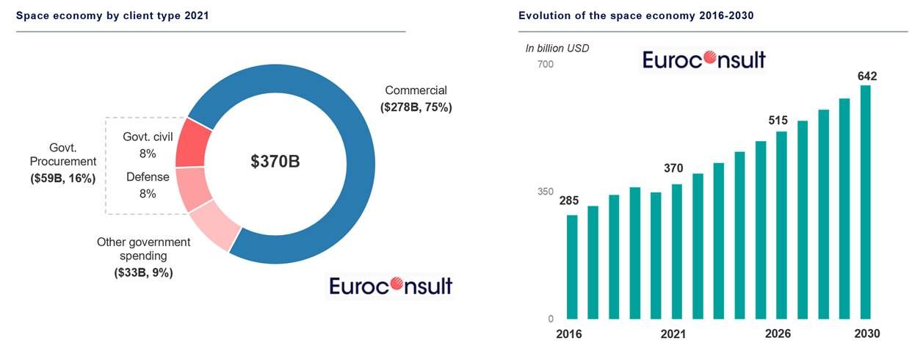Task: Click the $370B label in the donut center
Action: click(275, 162)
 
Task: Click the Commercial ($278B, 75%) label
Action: click(416, 99)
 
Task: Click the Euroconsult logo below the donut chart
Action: click(391, 285)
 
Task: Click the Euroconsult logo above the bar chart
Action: click(703, 60)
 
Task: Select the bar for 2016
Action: click(572, 267)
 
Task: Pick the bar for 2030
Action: click(866, 202)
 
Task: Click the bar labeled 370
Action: click(676, 251)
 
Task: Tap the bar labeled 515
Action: click(781, 225)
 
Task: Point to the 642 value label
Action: click(866, 76)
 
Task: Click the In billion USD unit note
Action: click(557, 48)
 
